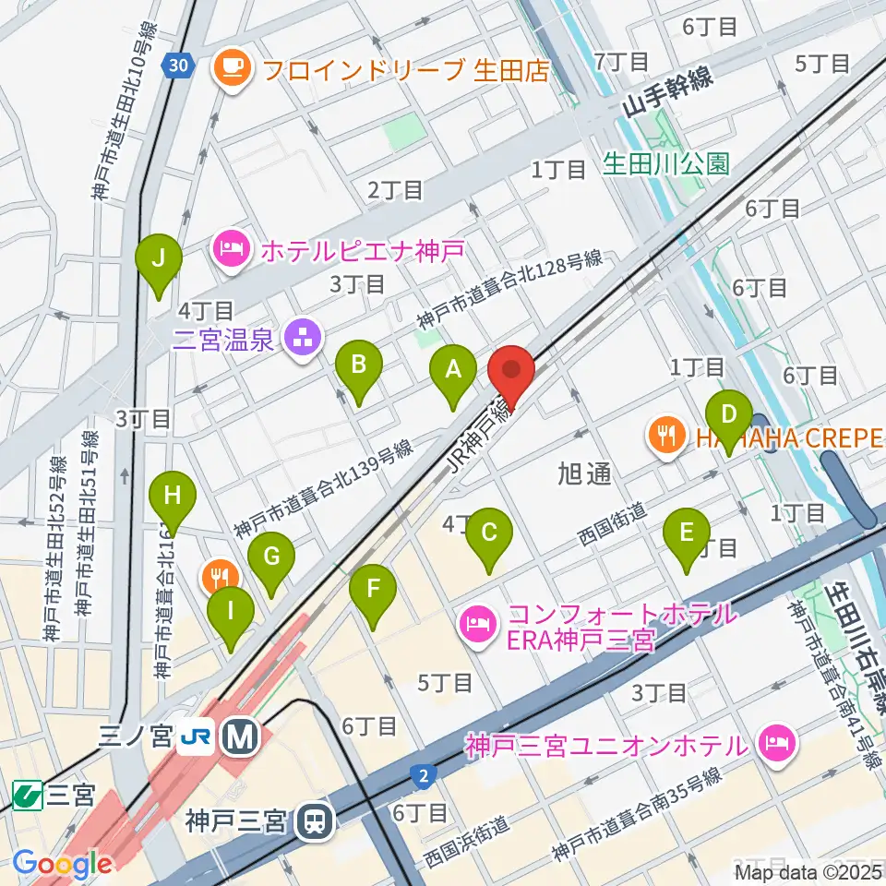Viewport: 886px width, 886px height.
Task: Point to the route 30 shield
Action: (x=178, y=65)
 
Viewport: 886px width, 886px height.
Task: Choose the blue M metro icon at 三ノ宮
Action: (x=245, y=736)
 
